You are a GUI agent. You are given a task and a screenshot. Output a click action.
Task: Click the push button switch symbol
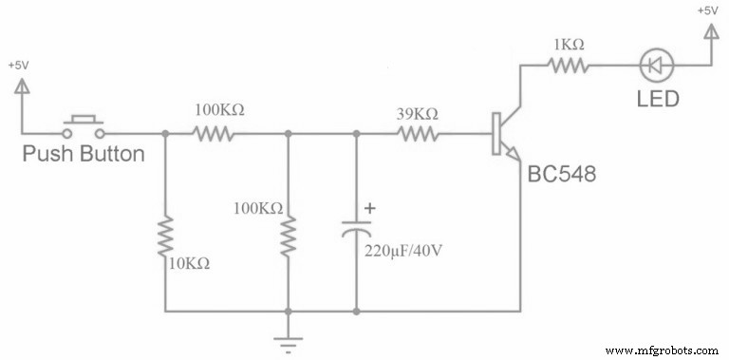pyautogui.click(x=84, y=125)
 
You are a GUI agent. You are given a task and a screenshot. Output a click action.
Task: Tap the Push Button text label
pyautogui.click(x=84, y=153)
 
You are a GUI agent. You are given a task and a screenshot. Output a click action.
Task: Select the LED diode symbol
pyautogui.click(x=655, y=66)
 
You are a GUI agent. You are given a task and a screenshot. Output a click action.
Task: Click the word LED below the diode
pyautogui.click(x=657, y=98)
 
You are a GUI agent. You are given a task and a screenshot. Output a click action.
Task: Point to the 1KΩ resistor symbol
pyautogui.click(x=570, y=66)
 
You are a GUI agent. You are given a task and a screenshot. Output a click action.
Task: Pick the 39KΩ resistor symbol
pyautogui.click(x=416, y=134)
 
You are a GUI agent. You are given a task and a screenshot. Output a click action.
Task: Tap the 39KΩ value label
pyautogui.click(x=417, y=113)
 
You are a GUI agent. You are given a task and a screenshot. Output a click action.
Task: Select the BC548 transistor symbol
pyautogui.click(x=504, y=135)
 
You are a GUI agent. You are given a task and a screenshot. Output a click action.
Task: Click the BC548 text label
pyautogui.click(x=563, y=177)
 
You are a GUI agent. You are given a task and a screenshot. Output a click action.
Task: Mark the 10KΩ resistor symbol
pyautogui.click(x=166, y=236)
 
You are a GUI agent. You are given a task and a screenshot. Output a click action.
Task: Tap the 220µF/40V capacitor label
pyautogui.click(x=404, y=253)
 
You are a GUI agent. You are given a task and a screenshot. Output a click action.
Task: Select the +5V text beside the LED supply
pyautogui.click(x=708, y=10)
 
